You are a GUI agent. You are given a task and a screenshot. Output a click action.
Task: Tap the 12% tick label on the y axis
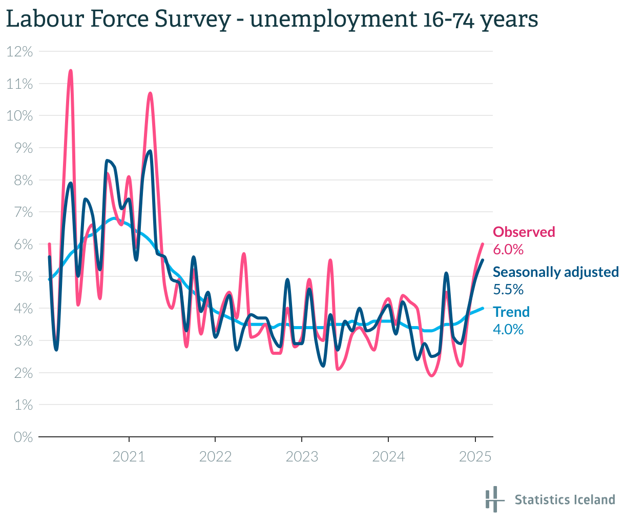coord(20,51)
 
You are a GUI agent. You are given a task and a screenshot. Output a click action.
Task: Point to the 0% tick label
coord(23,437)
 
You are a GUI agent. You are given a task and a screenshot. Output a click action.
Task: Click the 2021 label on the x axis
coord(129,456)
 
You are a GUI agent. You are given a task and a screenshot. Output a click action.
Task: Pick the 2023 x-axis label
coord(302,456)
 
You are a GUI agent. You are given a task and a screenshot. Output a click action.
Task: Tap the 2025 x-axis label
coord(475,456)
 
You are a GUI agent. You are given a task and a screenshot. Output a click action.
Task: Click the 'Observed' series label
coord(524,232)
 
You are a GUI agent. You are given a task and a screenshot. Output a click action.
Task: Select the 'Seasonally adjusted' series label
coord(555,272)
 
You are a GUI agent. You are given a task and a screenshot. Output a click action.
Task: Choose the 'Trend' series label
coord(511,312)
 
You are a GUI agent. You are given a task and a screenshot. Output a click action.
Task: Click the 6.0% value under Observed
coord(508,250)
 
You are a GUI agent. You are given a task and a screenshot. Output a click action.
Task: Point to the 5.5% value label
coord(508,290)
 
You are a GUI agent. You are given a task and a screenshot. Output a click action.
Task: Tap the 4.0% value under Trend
coord(508,329)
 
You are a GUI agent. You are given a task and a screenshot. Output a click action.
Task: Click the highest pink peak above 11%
coord(70,71)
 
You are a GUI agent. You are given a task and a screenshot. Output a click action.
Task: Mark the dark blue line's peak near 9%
coord(150,151)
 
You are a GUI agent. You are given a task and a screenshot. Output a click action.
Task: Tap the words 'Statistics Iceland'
coord(565,500)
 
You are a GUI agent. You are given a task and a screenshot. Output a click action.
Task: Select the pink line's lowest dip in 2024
coord(432,376)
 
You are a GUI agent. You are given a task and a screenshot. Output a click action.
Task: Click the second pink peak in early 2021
coord(150,93)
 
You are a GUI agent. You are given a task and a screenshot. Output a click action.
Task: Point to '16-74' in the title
coord(447,19)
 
